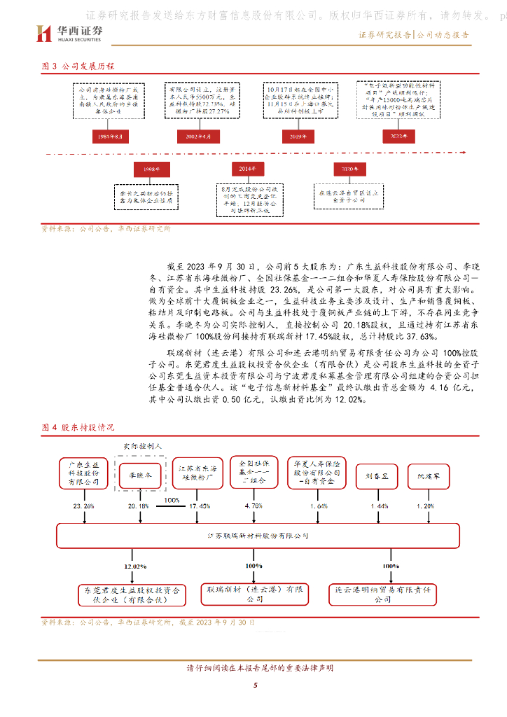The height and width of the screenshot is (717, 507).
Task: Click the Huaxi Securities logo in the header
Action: pos(70,32)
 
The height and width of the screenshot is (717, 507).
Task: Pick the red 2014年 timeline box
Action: pos(247,169)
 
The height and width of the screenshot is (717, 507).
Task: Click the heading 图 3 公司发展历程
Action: pos(77,67)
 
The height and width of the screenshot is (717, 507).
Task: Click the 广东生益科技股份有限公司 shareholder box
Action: pos(83,473)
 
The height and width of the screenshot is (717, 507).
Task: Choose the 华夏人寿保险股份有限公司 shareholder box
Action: pos(317,473)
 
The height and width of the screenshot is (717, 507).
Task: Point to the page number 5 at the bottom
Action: pos(256,685)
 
